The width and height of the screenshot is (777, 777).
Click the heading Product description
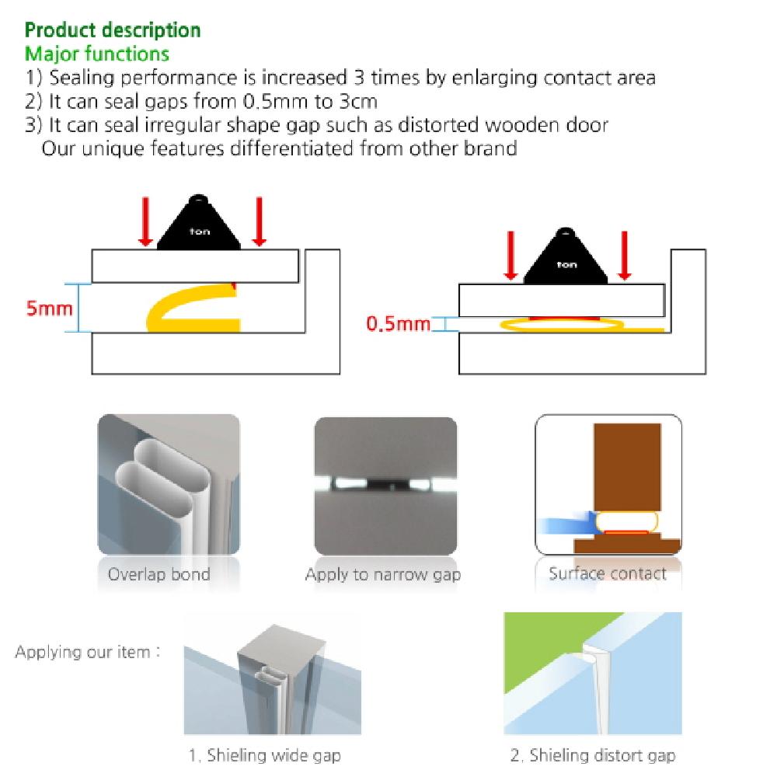(x=113, y=30)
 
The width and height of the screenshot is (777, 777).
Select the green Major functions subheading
(x=97, y=54)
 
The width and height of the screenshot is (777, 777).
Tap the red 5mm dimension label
(x=50, y=308)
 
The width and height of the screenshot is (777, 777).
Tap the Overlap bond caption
(x=159, y=575)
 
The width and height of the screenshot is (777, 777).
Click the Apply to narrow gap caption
(x=383, y=575)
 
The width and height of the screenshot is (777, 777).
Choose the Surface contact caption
(x=608, y=574)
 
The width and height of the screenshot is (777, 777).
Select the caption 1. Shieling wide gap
(x=264, y=754)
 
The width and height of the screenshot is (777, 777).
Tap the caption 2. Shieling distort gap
(x=592, y=754)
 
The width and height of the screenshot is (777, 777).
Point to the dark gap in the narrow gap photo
(x=385, y=483)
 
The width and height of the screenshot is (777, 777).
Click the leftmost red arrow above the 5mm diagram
(x=146, y=221)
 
